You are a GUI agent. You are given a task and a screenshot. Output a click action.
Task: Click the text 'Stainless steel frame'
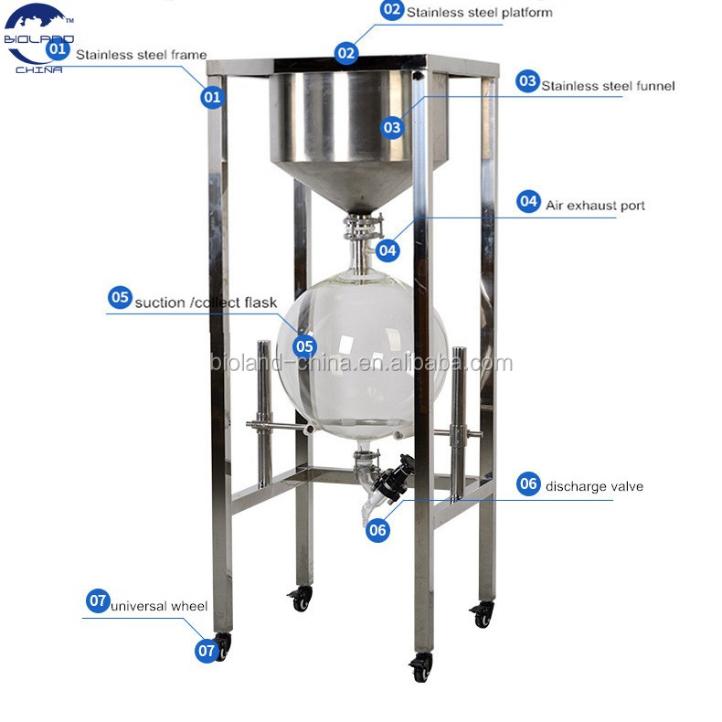point(141,55)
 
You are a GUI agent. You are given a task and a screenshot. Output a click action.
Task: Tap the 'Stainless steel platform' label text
point(479,13)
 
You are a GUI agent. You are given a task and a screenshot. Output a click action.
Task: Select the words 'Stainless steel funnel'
point(608,86)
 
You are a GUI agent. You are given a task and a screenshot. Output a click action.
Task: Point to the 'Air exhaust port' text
point(595,206)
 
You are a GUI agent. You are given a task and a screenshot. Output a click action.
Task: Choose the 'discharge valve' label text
point(594,486)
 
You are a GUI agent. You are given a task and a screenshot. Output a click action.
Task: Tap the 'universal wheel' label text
point(159,605)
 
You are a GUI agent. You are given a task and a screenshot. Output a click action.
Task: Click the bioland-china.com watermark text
point(361,364)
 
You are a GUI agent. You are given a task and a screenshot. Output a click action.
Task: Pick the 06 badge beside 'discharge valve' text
point(529,484)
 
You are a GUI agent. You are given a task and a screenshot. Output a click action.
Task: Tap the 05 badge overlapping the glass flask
point(304,346)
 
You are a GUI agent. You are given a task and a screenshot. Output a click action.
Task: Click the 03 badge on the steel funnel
point(392,127)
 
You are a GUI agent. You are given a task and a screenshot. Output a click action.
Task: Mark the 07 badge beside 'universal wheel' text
point(98,601)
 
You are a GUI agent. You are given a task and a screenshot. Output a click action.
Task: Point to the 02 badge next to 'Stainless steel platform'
point(392,10)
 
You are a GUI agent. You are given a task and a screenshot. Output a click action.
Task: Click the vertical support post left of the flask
point(264,411)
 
